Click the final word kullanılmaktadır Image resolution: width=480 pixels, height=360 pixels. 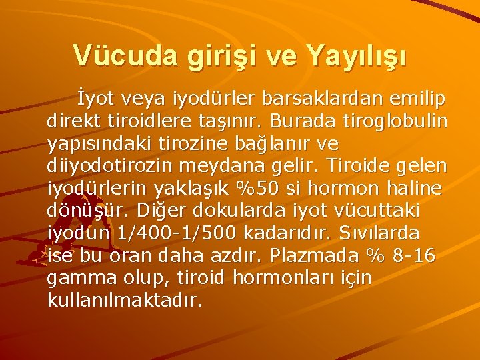(x=124, y=301)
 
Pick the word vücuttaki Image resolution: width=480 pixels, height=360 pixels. (x=379, y=211)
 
